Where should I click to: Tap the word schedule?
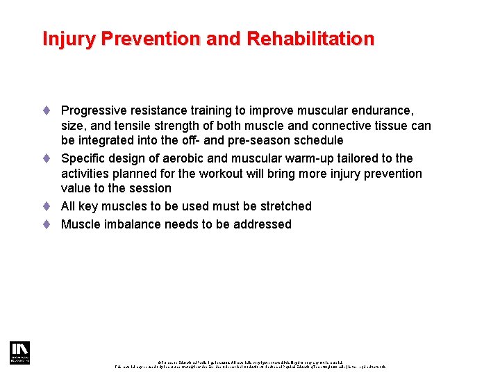click(320, 141)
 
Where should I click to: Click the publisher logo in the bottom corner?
click(19, 353)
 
